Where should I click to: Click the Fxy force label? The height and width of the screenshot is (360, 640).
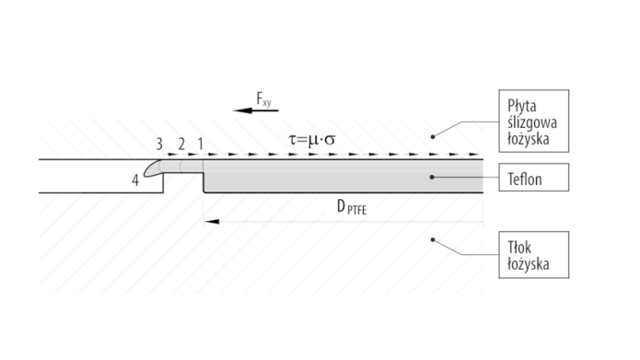[263, 99]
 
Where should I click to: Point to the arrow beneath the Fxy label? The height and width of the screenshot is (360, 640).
[255, 110]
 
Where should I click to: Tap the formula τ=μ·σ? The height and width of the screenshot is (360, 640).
[312, 140]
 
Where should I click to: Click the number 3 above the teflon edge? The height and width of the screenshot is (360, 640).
[159, 144]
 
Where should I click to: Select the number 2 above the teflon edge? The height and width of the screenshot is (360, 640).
[181, 144]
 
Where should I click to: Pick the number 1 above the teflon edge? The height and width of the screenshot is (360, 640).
[200, 144]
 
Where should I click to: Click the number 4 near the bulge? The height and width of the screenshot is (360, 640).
[135, 180]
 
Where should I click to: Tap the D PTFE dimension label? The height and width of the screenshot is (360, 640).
[352, 207]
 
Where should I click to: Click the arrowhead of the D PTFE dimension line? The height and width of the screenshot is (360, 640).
[212, 222]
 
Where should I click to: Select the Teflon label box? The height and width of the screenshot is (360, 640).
[534, 177]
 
